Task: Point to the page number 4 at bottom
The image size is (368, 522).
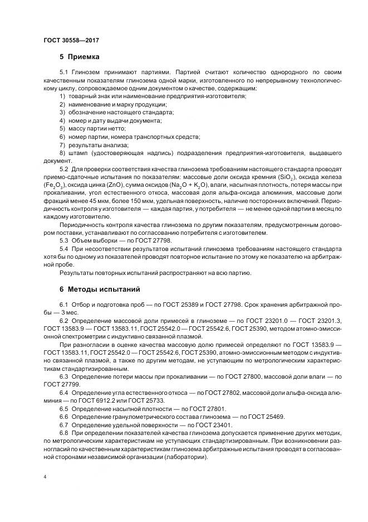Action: coord(45,477)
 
